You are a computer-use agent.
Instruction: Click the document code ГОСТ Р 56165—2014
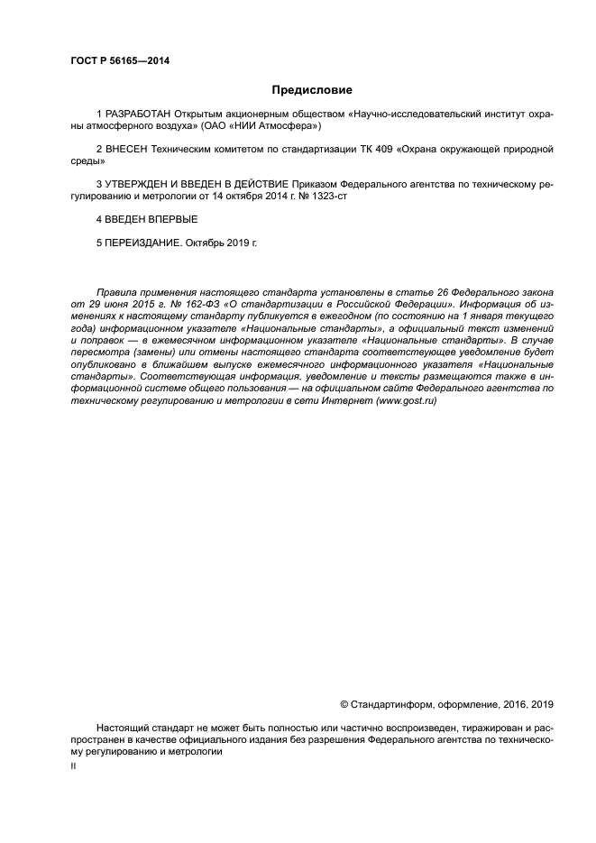pyautogui.click(x=120, y=61)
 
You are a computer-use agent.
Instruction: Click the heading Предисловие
pyautogui.click(x=312, y=90)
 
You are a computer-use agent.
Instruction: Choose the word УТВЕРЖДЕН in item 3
pyautogui.click(x=136, y=183)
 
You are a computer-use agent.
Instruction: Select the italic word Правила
pyautogui.click(x=115, y=295)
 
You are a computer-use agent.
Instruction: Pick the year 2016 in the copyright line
pyautogui.click(x=511, y=704)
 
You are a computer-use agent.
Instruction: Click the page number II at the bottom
pyautogui.click(x=73, y=765)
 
